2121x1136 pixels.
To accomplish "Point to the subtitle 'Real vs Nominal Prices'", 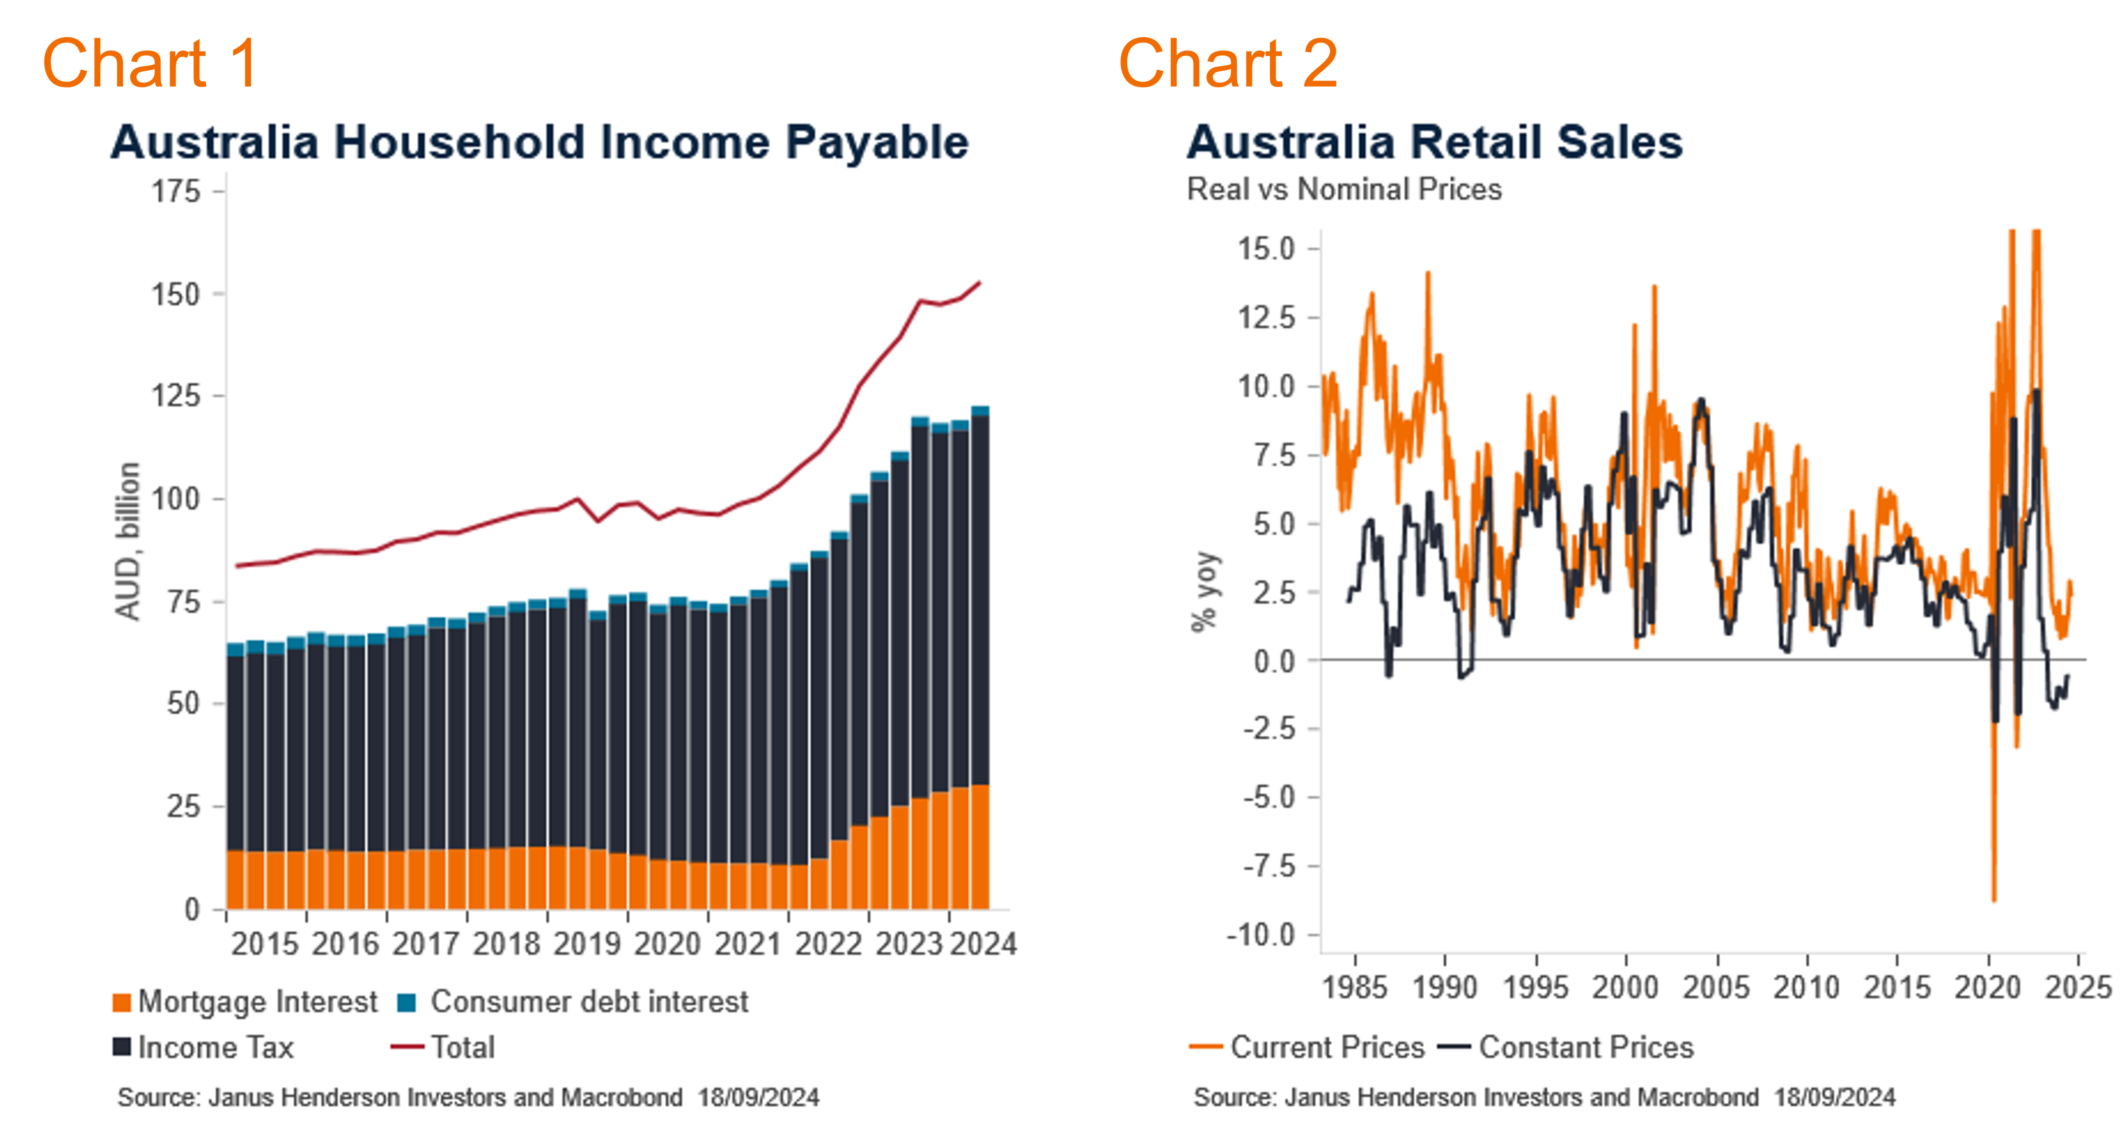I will (x=1344, y=189).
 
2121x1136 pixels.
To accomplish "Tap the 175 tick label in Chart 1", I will (x=176, y=192).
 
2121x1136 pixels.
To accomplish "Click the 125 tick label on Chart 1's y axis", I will (x=176, y=396).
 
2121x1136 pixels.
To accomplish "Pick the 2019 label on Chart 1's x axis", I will (x=586, y=944).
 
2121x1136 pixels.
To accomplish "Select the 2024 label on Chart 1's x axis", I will (x=983, y=944).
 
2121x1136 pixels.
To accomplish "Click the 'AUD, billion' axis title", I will (x=128, y=541).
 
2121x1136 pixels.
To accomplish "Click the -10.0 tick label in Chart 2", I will (x=1260, y=935).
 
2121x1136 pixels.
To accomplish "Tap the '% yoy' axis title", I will (x=1204, y=591).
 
